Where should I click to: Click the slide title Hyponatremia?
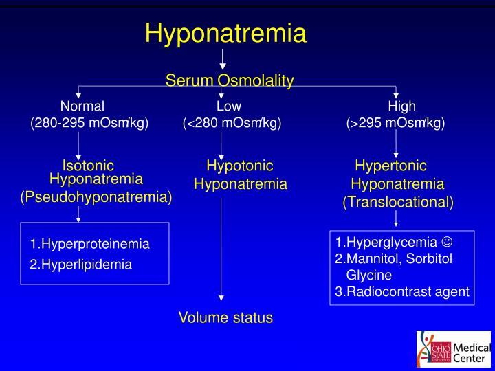(x=225, y=32)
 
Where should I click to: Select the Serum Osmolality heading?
(x=230, y=81)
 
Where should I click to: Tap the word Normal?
(x=82, y=106)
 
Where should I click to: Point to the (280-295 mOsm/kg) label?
(x=89, y=124)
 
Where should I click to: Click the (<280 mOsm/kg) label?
(x=232, y=124)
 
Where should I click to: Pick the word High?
(x=401, y=106)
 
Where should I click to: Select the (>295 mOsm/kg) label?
(x=396, y=124)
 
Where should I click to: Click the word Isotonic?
(x=88, y=166)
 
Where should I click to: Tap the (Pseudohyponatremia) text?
(x=96, y=197)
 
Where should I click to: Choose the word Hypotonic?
(x=240, y=166)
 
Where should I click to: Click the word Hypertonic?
(x=390, y=166)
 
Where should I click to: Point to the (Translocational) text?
(x=398, y=203)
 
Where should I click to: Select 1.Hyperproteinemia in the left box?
(x=89, y=244)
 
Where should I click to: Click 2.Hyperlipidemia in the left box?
(x=80, y=264)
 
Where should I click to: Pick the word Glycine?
(x=368, y=275)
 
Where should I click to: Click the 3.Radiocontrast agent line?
(x=402, y=291)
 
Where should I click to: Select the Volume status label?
(x=225, y=317)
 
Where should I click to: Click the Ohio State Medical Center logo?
(x=453, y=349)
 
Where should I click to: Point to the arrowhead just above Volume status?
(x=221, y=297)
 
